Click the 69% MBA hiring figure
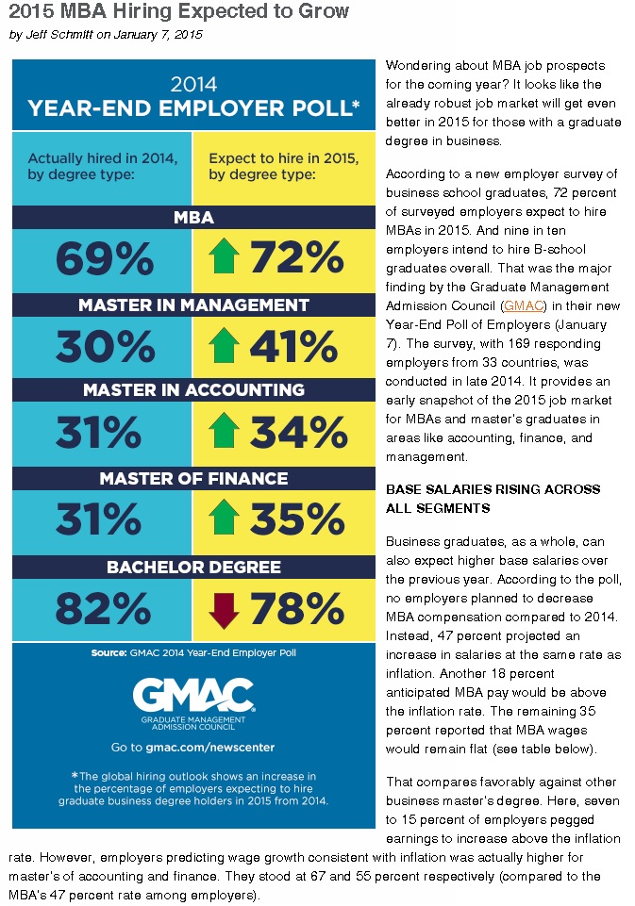click(x=105, y=258)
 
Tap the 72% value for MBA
click(x=296, y=257)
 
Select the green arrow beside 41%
click(x=224, y=346)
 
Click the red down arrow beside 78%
click(x=224, y=610)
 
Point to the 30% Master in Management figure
click(x=106, y=347)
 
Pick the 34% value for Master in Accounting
click(x=298, y=432)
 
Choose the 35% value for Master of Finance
click(x=297, y=519)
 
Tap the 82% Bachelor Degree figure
click(x=103, y=609)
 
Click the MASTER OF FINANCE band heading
click(x=193, y=478)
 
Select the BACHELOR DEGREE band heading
click(x=193, y=567)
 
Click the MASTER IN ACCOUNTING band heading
click(x=193, y=390)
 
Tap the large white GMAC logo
click(x=193, y=695)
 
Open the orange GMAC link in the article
click(x=524, y=305)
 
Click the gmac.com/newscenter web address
click(x=209, y=747)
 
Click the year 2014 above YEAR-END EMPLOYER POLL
click(x=193, y=84)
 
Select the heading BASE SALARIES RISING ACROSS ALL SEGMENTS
click(x=493, y=499)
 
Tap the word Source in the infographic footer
click(x=109, y=653)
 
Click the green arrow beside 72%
click(x=224, y=256)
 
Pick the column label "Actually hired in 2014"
click(x=102, y=157)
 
